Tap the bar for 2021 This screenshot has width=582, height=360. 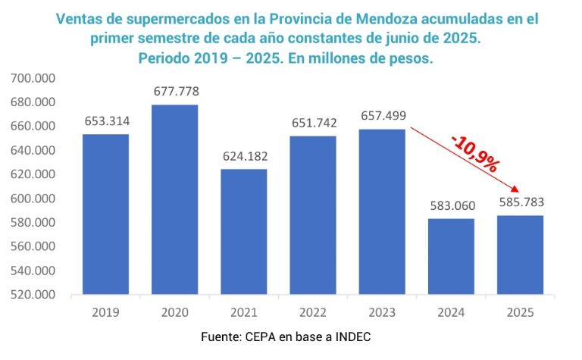(243, 231)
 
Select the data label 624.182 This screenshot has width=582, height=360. (243, 156)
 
